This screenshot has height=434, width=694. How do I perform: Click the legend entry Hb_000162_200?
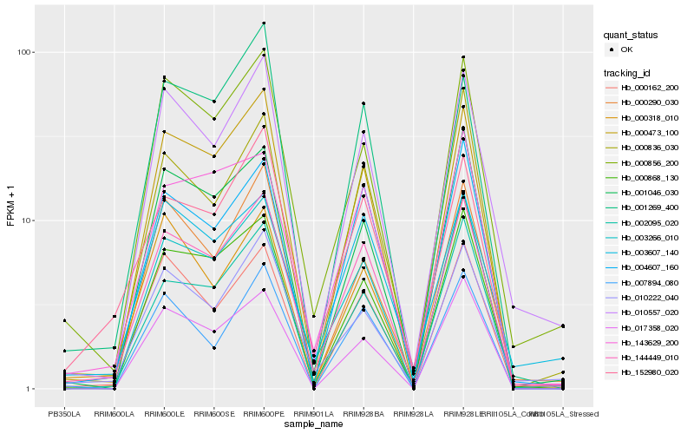click(650, 88)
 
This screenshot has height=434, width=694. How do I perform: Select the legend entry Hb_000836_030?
click(650, 148)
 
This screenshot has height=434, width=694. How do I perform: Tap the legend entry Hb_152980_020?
click(650, 372)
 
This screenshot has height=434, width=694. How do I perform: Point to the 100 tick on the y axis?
click(24, 52)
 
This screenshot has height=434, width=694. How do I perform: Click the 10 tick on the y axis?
click(27, 220)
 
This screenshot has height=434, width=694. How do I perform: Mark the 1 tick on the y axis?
click(29, 389)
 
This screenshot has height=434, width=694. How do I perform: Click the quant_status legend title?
click(631, 35)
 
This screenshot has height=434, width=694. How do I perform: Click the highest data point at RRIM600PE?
click(264, 23)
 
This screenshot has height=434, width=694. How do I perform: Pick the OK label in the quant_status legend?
click(627, 49)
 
